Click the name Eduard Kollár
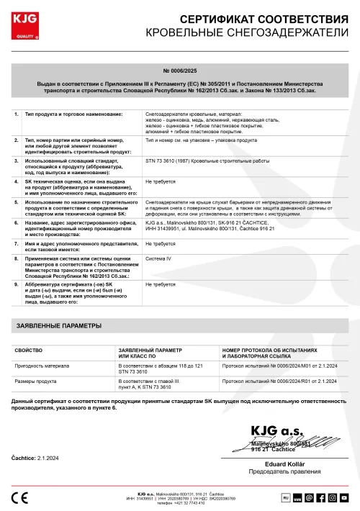(286, 463)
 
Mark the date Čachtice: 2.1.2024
(35, 458)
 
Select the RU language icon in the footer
(284, 497)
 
